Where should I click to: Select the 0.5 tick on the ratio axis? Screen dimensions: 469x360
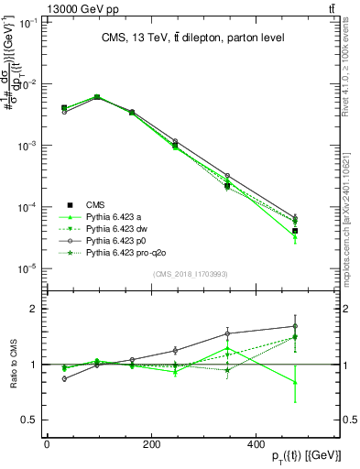30,420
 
